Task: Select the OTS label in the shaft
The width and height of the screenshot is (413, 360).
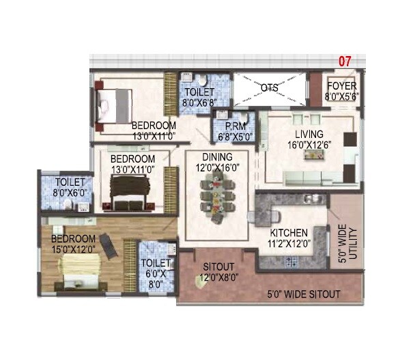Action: click(x=269, y=88)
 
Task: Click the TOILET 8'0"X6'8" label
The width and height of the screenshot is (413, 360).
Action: click(x=197, y=98)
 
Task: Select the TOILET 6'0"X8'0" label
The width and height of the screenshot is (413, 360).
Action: click(x=156, y=273)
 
